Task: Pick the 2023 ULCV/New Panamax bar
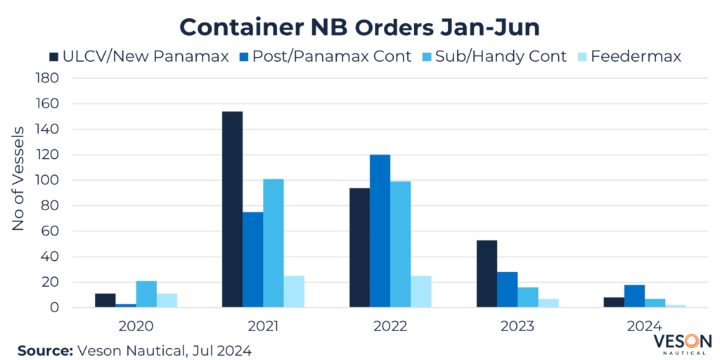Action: click(487, 274)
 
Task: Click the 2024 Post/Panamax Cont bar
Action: click(634, 296)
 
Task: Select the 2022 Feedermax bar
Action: click(420, 292)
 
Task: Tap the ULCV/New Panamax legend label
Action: click(146, 56)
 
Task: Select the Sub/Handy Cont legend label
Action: click(501, 56)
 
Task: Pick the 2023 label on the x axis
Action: click(517, 326)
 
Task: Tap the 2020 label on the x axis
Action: click(136, 326)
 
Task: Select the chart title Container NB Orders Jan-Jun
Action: click(359, 26)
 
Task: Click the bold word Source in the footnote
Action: click(43, 349)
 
